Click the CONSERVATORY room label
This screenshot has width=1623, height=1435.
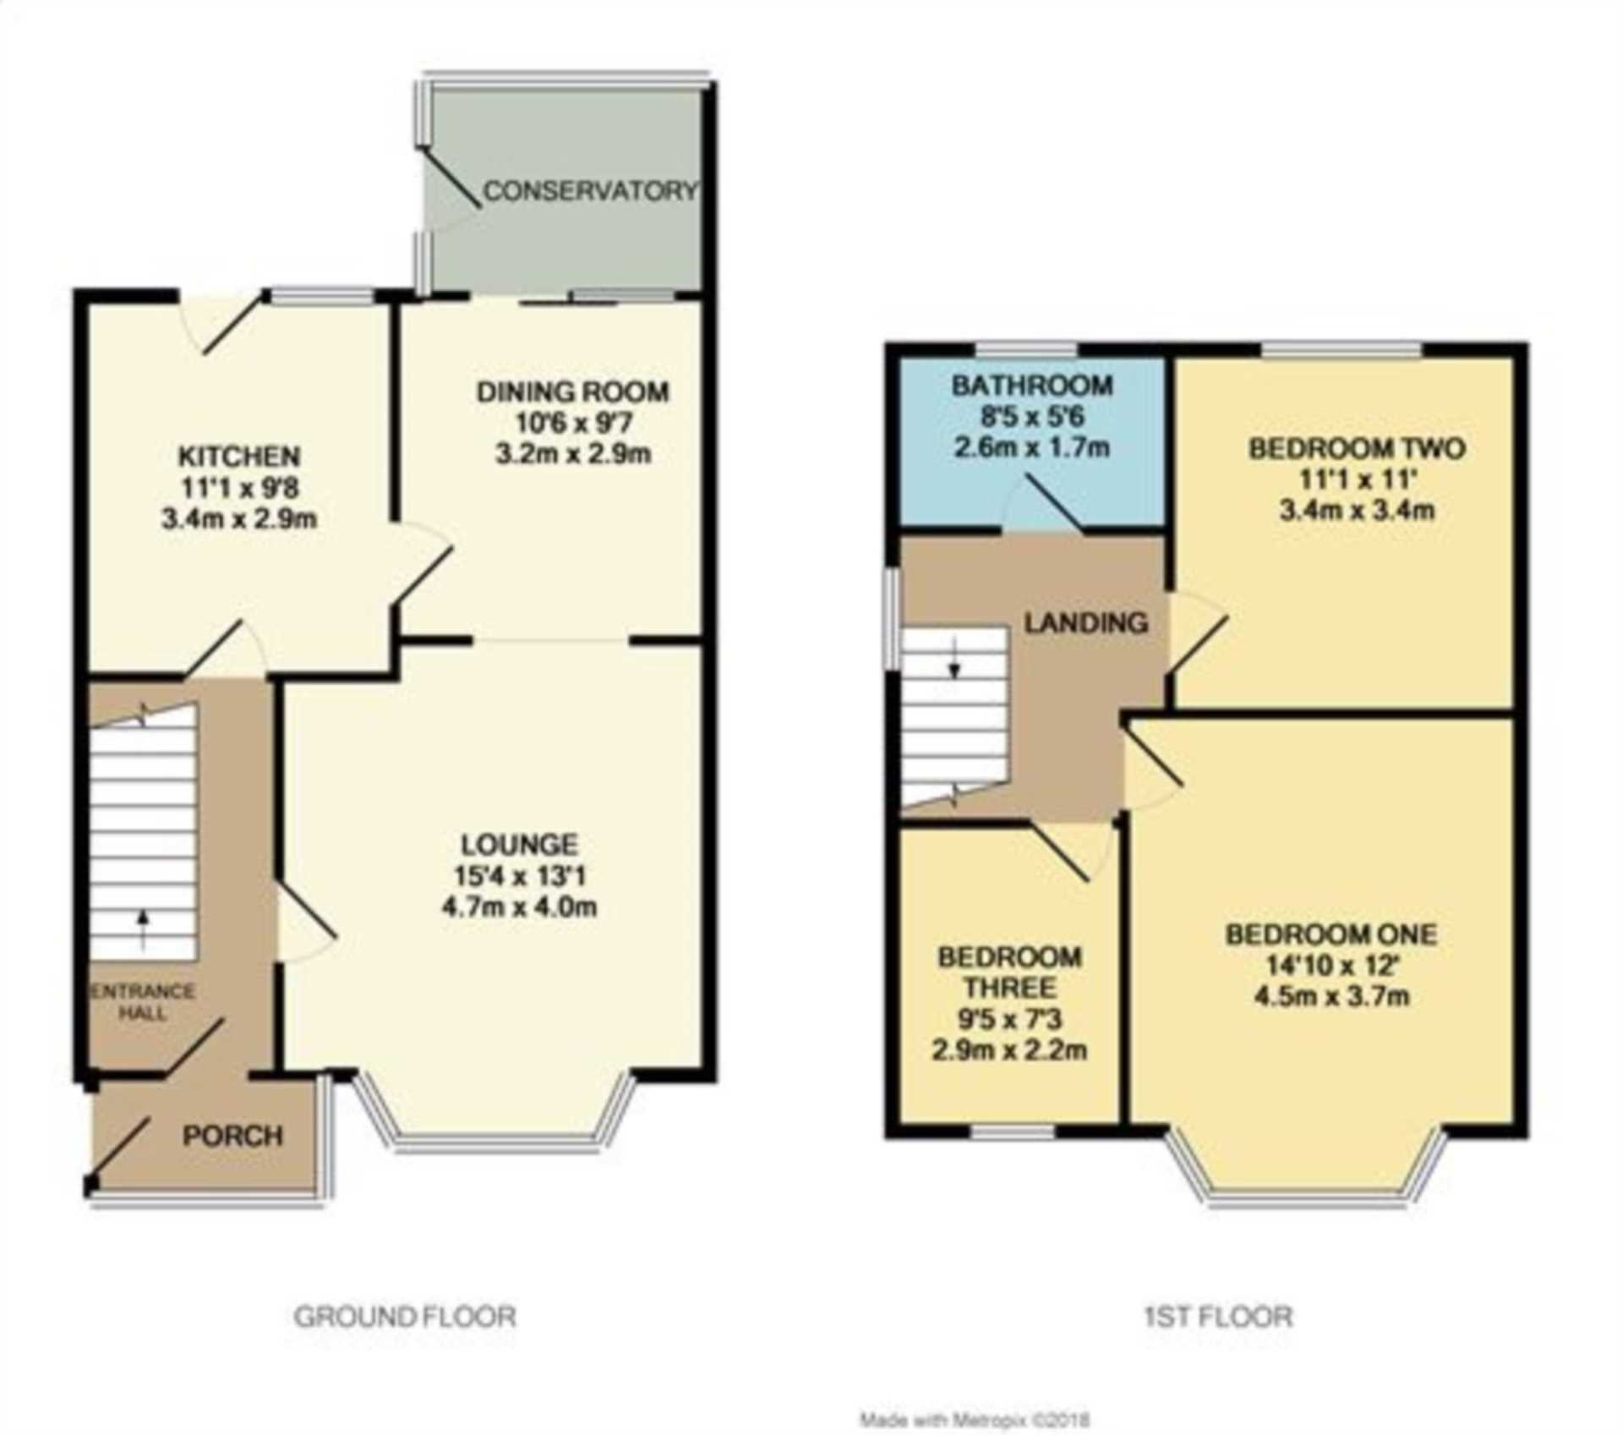coord(591,191)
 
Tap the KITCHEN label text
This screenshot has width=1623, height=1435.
coord(239,457)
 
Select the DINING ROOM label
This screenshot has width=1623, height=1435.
coord(573,392)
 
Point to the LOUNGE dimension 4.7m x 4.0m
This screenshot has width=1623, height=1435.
coord(519,907)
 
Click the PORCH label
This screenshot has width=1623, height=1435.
coord(233,1136)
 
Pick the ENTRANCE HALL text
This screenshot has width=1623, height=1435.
coord(143,1001)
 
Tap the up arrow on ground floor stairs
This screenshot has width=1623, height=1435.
coord(143,928)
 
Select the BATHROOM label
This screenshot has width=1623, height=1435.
coord(1032,386)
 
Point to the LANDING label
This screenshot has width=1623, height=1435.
coord(1086,623)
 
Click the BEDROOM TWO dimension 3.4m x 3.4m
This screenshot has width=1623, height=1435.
coord(1357,511)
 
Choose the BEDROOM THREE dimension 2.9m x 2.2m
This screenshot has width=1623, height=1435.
coord(1009,1051)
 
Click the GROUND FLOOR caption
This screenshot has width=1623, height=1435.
coord(405,1317)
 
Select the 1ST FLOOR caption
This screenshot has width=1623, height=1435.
coord(1218,1317)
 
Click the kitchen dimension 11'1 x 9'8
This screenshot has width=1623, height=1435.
coord(239,488)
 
